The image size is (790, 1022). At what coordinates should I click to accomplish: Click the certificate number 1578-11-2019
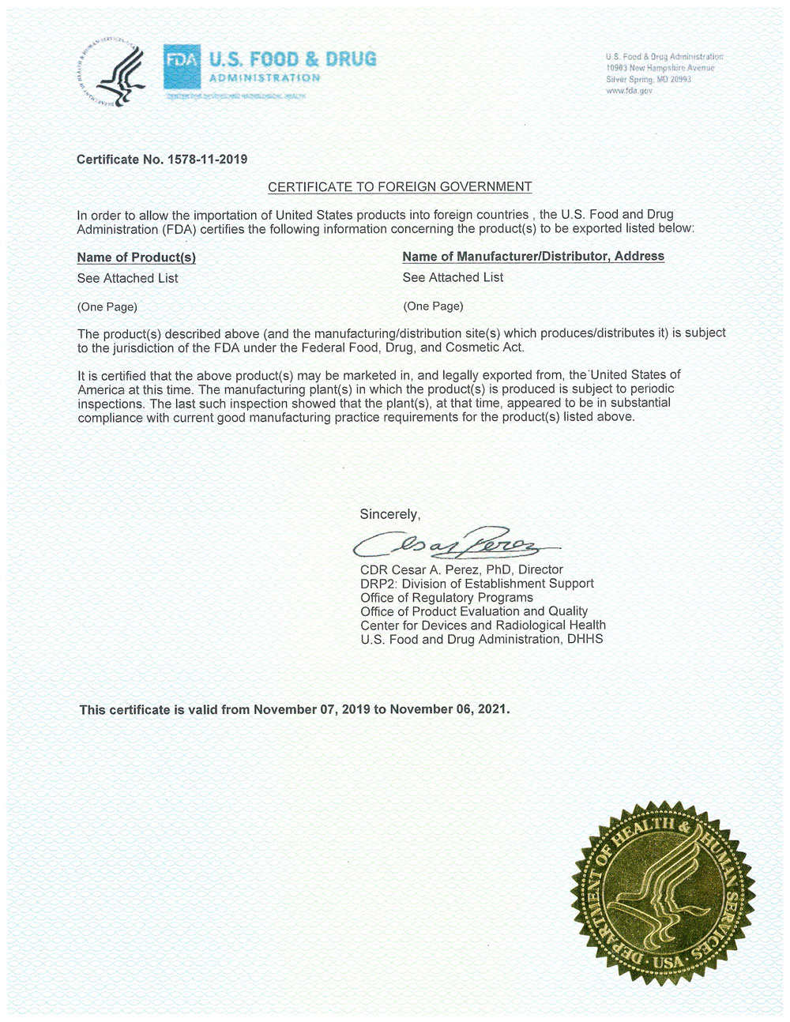click(207, 160)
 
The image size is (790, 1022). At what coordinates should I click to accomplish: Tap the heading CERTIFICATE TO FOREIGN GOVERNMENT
click(400, 187)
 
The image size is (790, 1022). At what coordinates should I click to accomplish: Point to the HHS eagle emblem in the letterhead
click(116, 73)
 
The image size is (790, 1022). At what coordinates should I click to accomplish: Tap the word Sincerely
click(389, 514)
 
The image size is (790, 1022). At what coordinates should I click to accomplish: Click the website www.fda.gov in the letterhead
click(629, 91)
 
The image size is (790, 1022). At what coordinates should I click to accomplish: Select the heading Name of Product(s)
click(136, 257)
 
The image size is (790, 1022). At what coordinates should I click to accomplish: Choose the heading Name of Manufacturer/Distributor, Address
click(533, 256)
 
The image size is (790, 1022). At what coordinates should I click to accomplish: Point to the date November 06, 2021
click(448, 709)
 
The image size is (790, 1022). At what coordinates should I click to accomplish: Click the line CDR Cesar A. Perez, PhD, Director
click(461, 569)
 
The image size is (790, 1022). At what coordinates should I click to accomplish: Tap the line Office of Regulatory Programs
click(446, 597)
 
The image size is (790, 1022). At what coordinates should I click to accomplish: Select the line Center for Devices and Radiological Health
click(483, 625)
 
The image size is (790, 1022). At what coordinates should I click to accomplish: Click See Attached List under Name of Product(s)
click(127, 278)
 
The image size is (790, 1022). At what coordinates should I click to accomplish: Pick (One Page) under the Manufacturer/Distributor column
click(433, 306)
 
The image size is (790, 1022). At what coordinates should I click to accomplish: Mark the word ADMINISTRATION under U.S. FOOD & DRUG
click(265, 78)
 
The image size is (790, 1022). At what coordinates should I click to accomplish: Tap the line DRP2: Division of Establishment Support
click(476, 584)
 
